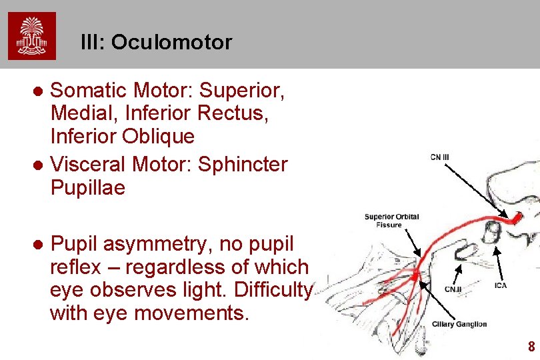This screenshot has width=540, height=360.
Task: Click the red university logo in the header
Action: point(32,35)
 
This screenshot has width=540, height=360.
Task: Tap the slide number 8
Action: point(531,347)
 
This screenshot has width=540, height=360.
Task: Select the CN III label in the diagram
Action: point(440,157)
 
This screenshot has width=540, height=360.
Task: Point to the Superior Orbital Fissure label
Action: point(392,221)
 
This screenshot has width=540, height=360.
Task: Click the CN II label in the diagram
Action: point(453,289)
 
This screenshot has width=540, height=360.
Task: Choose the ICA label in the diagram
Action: point(501,286)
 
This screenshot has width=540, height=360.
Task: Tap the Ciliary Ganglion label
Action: point(459,325)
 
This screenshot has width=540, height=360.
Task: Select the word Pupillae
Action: point(87,189)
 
